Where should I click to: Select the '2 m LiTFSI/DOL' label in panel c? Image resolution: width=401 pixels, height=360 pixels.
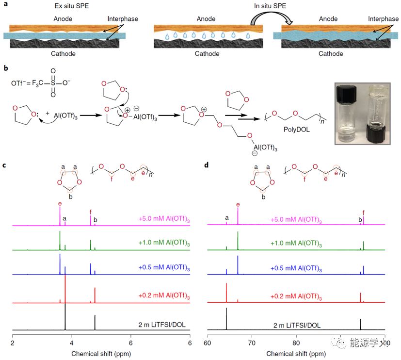(163, 325)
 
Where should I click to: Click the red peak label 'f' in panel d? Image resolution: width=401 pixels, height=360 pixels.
(363, 212)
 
